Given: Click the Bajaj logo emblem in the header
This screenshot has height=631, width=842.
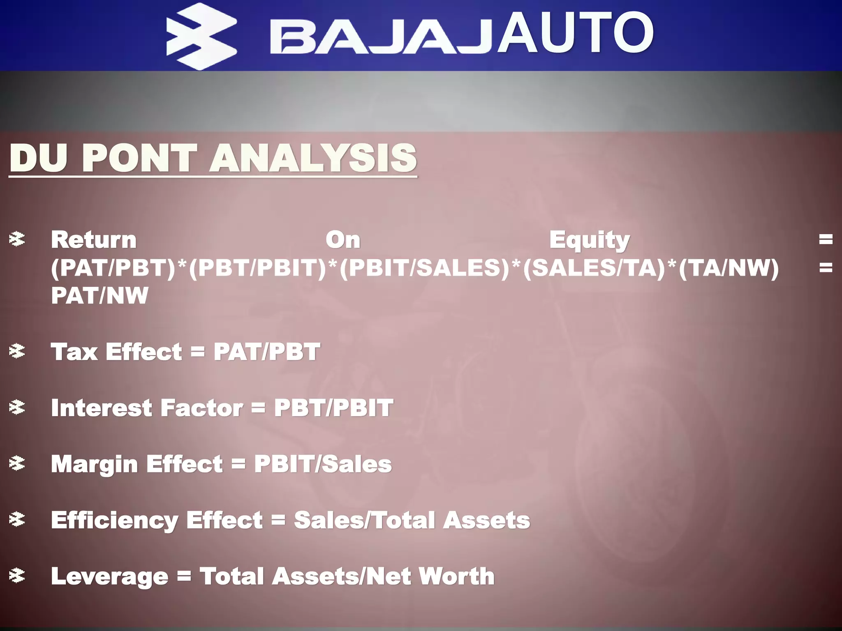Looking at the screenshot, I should coord(201,36).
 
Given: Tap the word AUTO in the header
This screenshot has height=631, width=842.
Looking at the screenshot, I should coord(576,33).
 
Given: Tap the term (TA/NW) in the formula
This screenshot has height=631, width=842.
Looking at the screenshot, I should coord(729,268).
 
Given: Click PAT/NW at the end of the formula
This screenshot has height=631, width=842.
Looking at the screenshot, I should coord(99,295).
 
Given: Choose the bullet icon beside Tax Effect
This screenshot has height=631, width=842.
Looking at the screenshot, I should coord(17,352).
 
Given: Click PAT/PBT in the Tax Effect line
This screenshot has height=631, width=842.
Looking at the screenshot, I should coord(266,352).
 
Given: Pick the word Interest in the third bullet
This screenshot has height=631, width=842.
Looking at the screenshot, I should coord(102,408).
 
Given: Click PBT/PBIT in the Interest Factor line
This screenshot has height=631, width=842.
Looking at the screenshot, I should coord(333,408).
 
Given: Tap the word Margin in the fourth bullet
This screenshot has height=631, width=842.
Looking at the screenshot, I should coord(94,464).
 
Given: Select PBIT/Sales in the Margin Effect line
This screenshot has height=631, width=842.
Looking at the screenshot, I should coord(323,464).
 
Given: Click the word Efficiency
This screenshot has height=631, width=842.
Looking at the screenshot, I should coord(114,520).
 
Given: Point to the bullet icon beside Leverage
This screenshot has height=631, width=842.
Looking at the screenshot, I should coord(17,576).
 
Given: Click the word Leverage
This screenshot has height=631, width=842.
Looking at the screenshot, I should coord(109,576).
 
